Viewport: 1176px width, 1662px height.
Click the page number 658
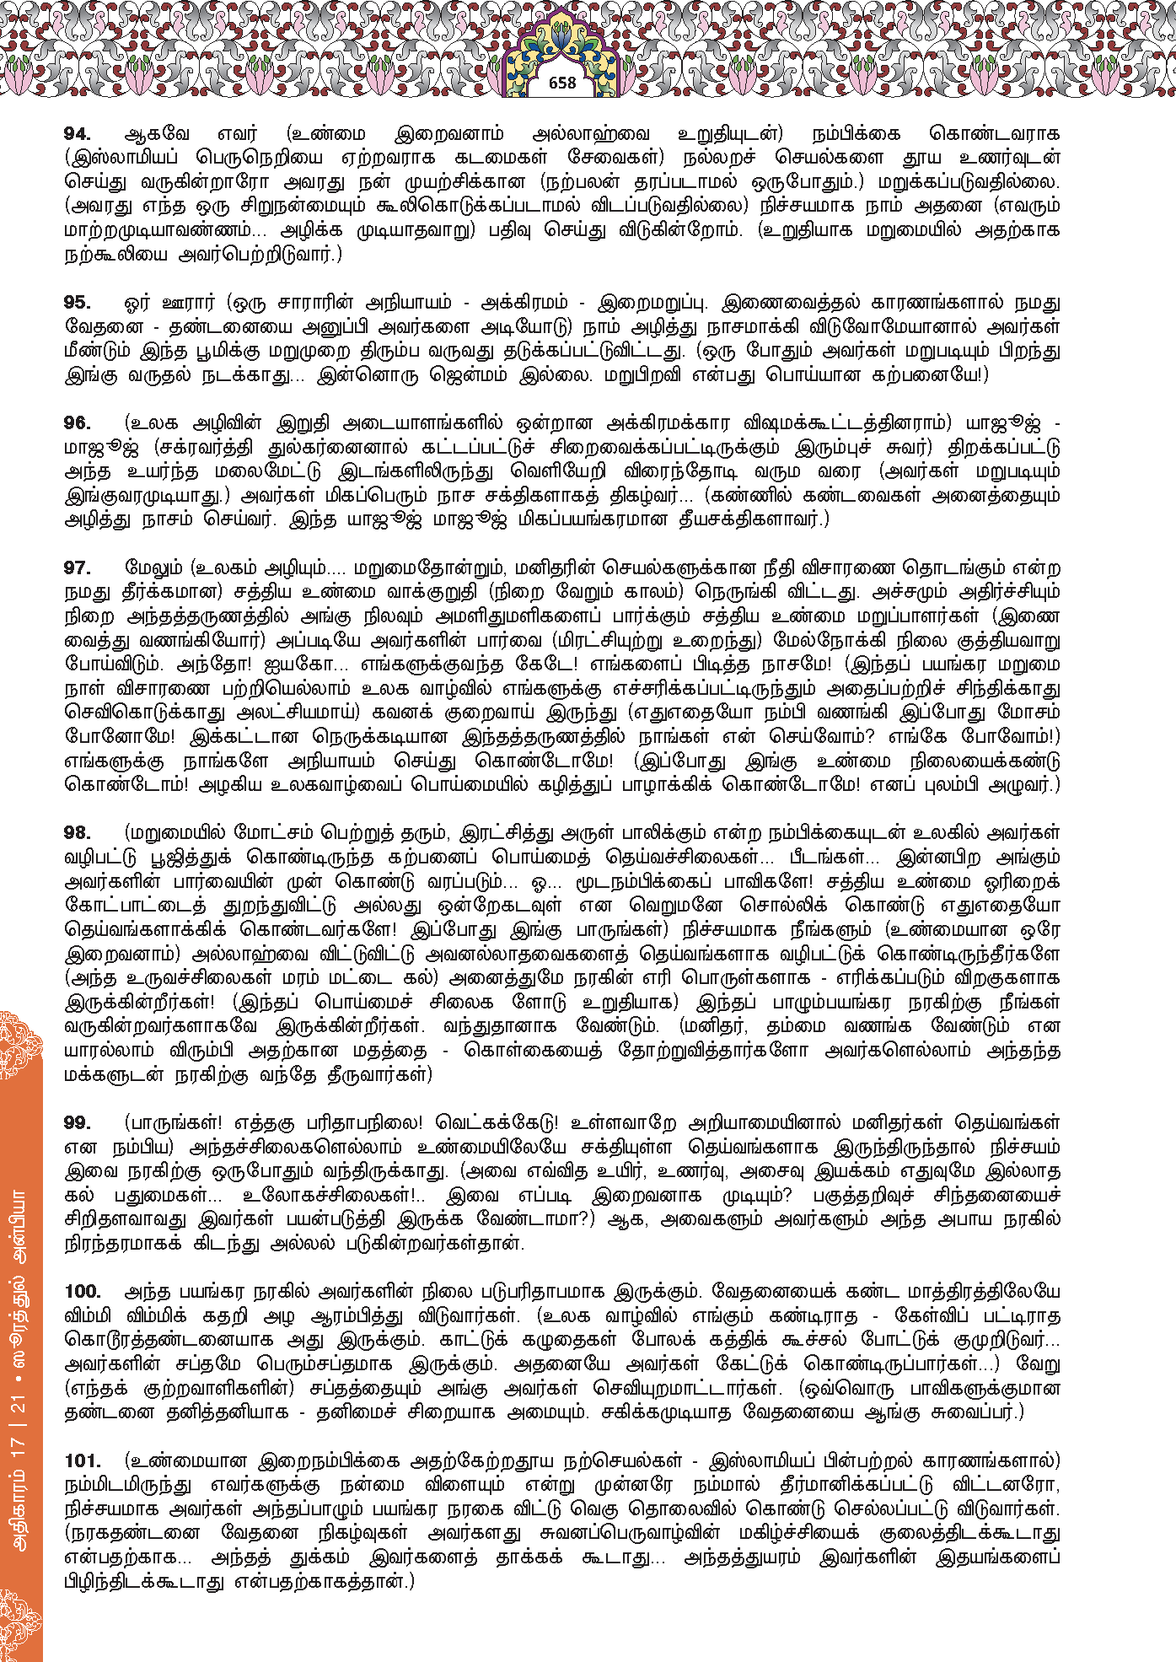coord(562,83)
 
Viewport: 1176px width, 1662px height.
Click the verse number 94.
coord(77,134)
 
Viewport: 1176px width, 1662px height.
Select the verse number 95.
coord(77,303)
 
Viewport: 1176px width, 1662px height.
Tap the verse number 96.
coord(77,423)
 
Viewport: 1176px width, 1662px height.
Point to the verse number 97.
coord(77,568)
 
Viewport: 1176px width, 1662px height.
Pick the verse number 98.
coord(77,833)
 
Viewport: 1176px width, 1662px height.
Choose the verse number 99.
coord(77,1123)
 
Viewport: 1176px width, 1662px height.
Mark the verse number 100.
coord(83,1292)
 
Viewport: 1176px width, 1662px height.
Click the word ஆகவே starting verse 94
coord(157,134)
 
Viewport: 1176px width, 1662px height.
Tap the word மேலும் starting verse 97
coord(153,568)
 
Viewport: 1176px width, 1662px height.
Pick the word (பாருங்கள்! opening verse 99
coord(173,1123)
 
